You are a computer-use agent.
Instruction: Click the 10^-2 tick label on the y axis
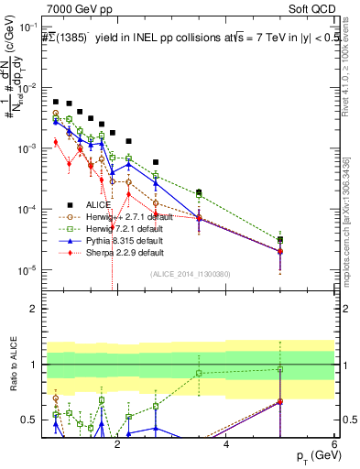click(x=36, y=88)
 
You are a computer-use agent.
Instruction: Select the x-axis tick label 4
click(x=226, y=444)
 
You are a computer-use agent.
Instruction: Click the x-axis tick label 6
click(x=334, y=444)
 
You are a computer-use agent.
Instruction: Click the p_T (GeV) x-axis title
click(x=313, y=455)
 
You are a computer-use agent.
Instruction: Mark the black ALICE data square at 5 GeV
click(x=280, y=240)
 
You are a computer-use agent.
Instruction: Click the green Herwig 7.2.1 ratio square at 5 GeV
click(x=280, y=370)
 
